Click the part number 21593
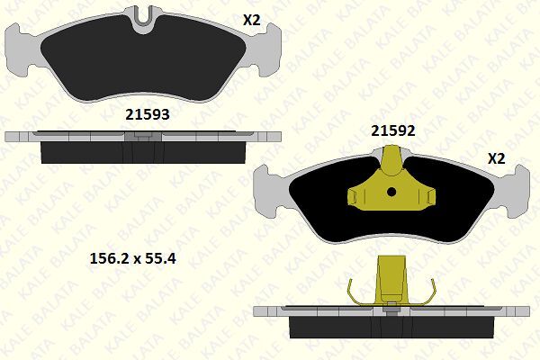click(146, 115)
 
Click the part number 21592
click(393, 130)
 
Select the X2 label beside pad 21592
click(496, 157)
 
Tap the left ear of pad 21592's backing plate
click(270, 190)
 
